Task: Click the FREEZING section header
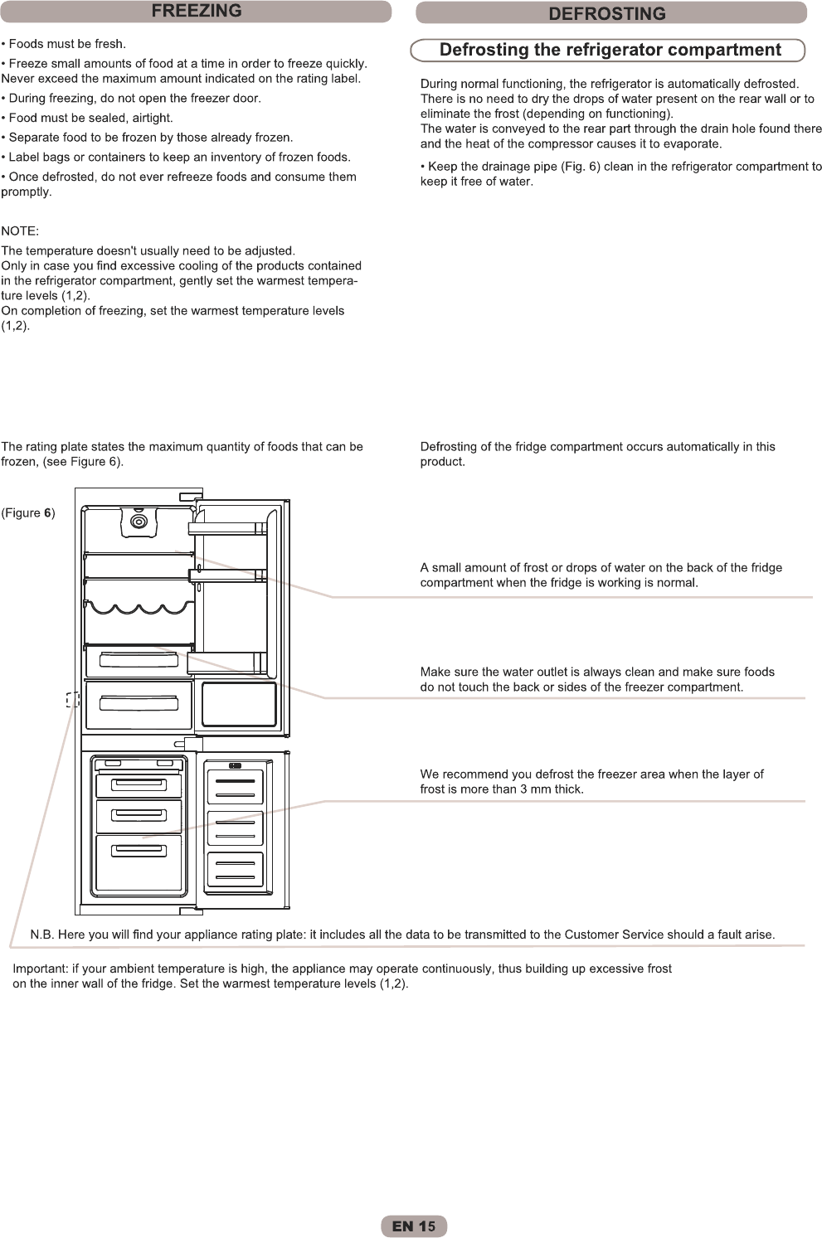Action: [x=196, y=12]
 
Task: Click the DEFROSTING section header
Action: [x=607, y=13]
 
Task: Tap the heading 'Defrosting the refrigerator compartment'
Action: [x=610, y=50]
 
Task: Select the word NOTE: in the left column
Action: [x=20, y=231]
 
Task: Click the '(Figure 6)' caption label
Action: [x=28, y=513]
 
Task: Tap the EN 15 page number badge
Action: [x=414, y=1226]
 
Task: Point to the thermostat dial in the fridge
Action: [x=139, y=522]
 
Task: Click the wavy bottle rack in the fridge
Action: [x=139, y=609]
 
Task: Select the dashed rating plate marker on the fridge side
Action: [x=72, y=700]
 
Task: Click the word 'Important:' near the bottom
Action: [x=40, y=969]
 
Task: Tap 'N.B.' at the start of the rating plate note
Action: [x=41, y=935]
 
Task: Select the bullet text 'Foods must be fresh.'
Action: [x=67, y=44]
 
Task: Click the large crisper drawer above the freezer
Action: [x=139, y=704]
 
